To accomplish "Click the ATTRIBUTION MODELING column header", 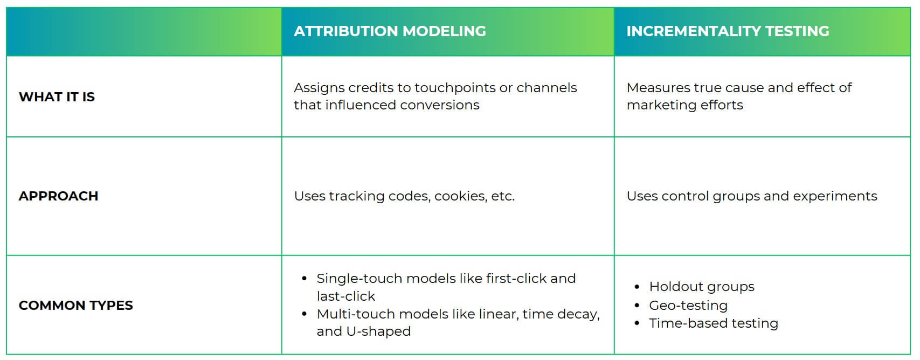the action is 390,31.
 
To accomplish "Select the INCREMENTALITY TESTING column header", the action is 728,31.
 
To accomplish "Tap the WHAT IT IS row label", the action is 57,97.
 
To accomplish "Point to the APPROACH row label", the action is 58,196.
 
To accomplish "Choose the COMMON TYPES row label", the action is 76,306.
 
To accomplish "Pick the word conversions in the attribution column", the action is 439,105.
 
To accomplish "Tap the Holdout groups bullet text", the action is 702,287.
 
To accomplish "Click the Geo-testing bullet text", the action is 688,306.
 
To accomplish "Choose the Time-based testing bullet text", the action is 714,323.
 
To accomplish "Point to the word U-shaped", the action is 378,331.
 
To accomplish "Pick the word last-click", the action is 346,296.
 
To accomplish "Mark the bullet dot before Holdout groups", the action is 637,287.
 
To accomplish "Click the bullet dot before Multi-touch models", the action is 305,314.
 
